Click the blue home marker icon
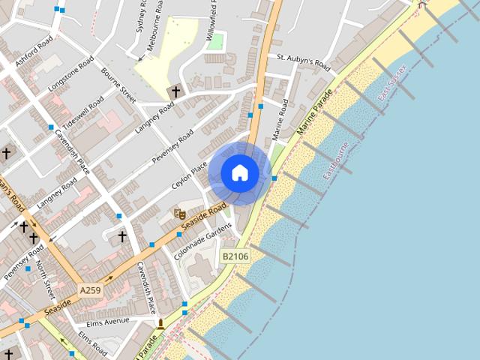pyautogui.click(x=240, y=172)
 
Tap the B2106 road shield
pyautogui.click(x=235, y=256)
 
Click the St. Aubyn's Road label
pyautogui.click(x=303, y=61)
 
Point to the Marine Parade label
pyautogui.click(x=315, y=112)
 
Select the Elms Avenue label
pyautogui.click(x=109, y=322)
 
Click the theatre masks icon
pyautogui.click(x=179, y=214)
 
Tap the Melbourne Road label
pyautogui.click(x=157, y=23)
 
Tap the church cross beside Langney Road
pyautogui.click(x=176, y=91)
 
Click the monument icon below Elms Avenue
pyautogui.click(x=160, y=324)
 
